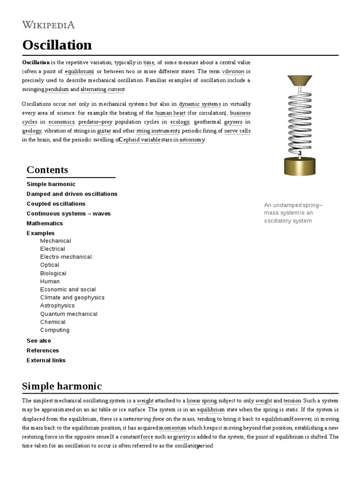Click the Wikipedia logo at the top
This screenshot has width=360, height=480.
pyautogui.click(x=48, y=25)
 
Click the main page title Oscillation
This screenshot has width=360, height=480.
pyautogui.click(x=57, y=45)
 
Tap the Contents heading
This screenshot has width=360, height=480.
pyautogui.click(x=47, y=170)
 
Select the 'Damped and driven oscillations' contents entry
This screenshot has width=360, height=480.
pyautogui.click(x=72, y=194)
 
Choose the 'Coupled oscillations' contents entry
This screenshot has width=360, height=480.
pyautogui.click(x=56, y=203)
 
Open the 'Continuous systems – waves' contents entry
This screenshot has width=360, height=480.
pyautogui.click(x=68, y=213)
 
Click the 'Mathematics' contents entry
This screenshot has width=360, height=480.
pyautogui.click(x=45, y=223)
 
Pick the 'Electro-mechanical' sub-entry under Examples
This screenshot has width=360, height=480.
pyautogui.click(x=66, y=257)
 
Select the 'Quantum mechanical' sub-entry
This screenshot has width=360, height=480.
pyautogui.click(x=68, y=314)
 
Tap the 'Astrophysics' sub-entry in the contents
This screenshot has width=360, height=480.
pyautogui.click(x=57, y=306)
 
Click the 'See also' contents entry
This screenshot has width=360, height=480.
pyautogui.click(x=38, y=341)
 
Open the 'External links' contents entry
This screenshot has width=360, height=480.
pyautogui.click(x=46, y=360)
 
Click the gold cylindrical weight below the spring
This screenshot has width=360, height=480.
pyautogui.click(x=300, y=166)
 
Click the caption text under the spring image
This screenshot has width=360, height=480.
pyautogui.click(x=293, y=213)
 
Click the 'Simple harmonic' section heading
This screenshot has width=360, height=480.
pyautogui.click(x=62, y=386)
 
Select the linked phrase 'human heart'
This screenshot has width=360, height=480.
pyautogui.click(x=170, y=113)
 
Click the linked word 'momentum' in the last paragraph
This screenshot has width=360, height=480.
pyautogui.click(x=172, y=428)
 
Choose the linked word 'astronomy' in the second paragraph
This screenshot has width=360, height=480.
pyautogui.click(x=192, y=140)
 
